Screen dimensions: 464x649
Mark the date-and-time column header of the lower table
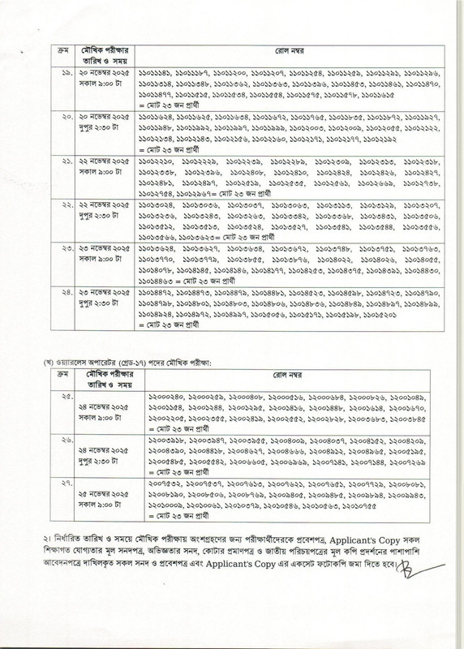pos(108,376)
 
